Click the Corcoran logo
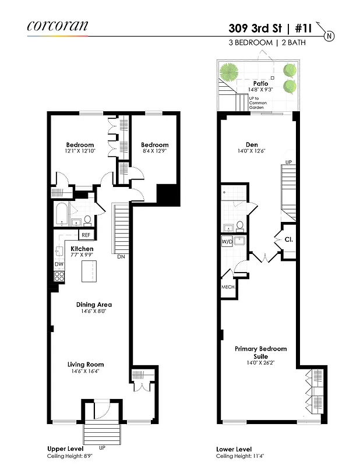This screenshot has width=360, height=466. click(58, 25)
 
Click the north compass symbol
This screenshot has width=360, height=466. click(330, 36)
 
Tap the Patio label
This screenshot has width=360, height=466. click(260, 84)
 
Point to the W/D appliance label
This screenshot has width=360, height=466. click(227, 241)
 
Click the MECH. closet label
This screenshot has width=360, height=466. click(227, 288)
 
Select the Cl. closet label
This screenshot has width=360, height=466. click(288, 239)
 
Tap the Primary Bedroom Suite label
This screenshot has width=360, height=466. click(260, 352)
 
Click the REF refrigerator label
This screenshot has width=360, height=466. click(86, 235)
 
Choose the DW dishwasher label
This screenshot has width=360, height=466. click(58, 264)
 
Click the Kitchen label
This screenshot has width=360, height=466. click(82, 249)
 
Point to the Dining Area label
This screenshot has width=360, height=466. click(94, 305)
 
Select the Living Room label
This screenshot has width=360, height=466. click(86, 365)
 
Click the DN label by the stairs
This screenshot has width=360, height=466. click(121, 256)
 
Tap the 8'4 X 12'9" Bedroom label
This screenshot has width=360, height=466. click(154, 145)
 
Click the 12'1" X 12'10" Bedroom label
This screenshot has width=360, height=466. click(80, 145)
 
